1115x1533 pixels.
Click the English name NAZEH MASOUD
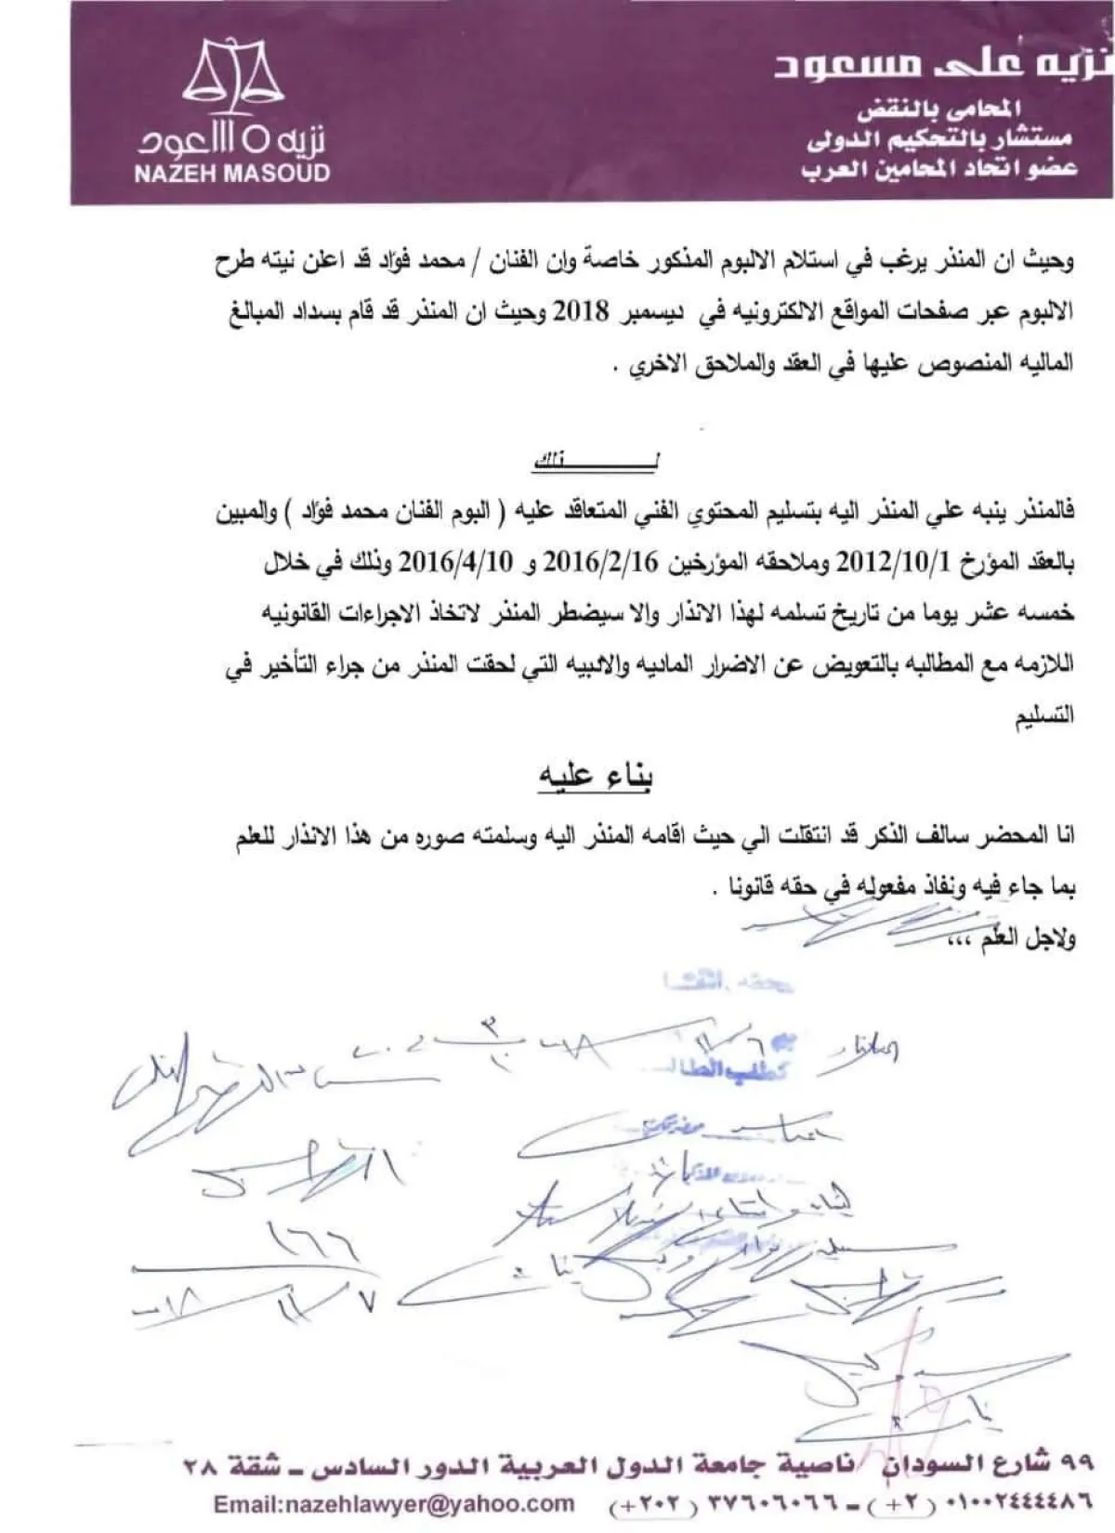tap(232, 173)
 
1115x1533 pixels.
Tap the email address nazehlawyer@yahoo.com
tap(393, 1503)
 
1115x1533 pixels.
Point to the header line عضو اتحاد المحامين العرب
tap(940, 169)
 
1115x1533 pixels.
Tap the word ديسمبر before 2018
tap(649, 312)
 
